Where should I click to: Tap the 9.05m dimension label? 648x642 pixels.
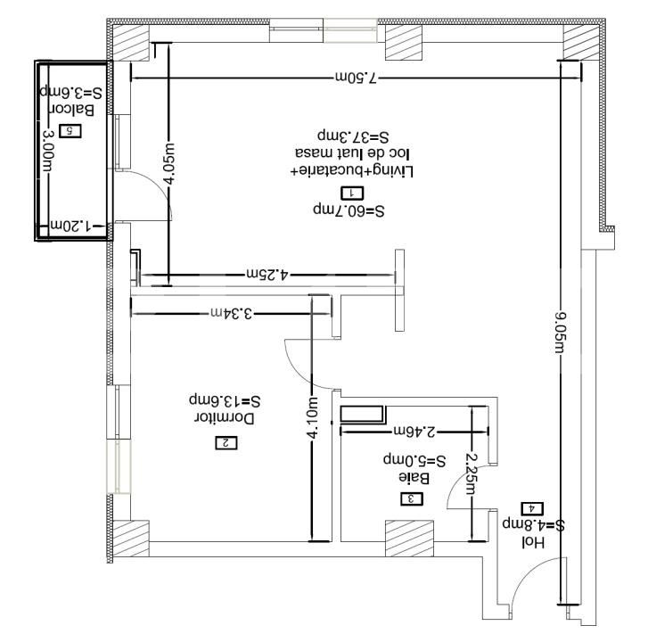(561, 332)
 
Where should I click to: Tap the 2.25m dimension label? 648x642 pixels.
(472, 471)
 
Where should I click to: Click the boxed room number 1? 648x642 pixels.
(352, 192)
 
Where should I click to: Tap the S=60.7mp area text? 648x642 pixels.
(348, 211)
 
